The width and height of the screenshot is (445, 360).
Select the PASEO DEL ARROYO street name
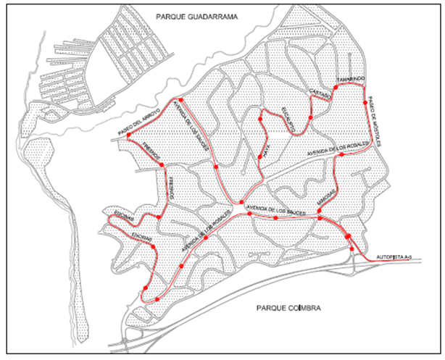tap(141, 122)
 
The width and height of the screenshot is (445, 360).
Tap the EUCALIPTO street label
tap(288, 120)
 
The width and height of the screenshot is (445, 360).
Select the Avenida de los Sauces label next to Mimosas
tap(274, 211)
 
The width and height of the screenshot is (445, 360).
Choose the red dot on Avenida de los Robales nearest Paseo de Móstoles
tap(341, 155)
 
